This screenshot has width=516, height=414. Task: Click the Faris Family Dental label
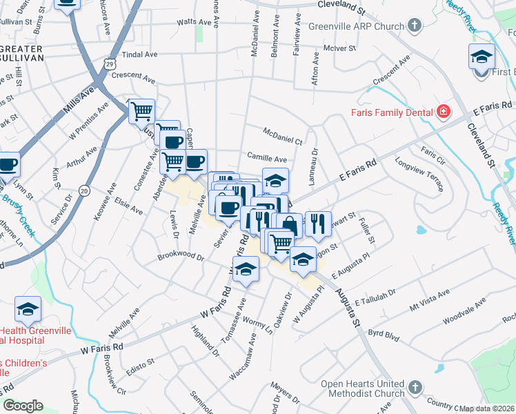(x=390, y=112)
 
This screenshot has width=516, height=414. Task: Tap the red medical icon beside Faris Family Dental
(x=442, y=112)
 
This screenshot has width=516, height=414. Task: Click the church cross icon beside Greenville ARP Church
(x=415, y=27)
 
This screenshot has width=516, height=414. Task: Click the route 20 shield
(x=84, y=190)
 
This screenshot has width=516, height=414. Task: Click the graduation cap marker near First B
(x=482, y=57)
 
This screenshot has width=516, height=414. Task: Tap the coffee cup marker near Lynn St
(x=8, y=166)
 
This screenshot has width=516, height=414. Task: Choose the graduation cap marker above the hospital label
(x=28, y=309)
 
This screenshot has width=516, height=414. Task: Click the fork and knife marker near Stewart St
(x=317, y=223)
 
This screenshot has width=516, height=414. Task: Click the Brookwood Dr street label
(x=181, y=257)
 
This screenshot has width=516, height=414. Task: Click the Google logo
(x=23, y=406)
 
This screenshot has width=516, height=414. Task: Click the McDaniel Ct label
(x=283, y=136)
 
